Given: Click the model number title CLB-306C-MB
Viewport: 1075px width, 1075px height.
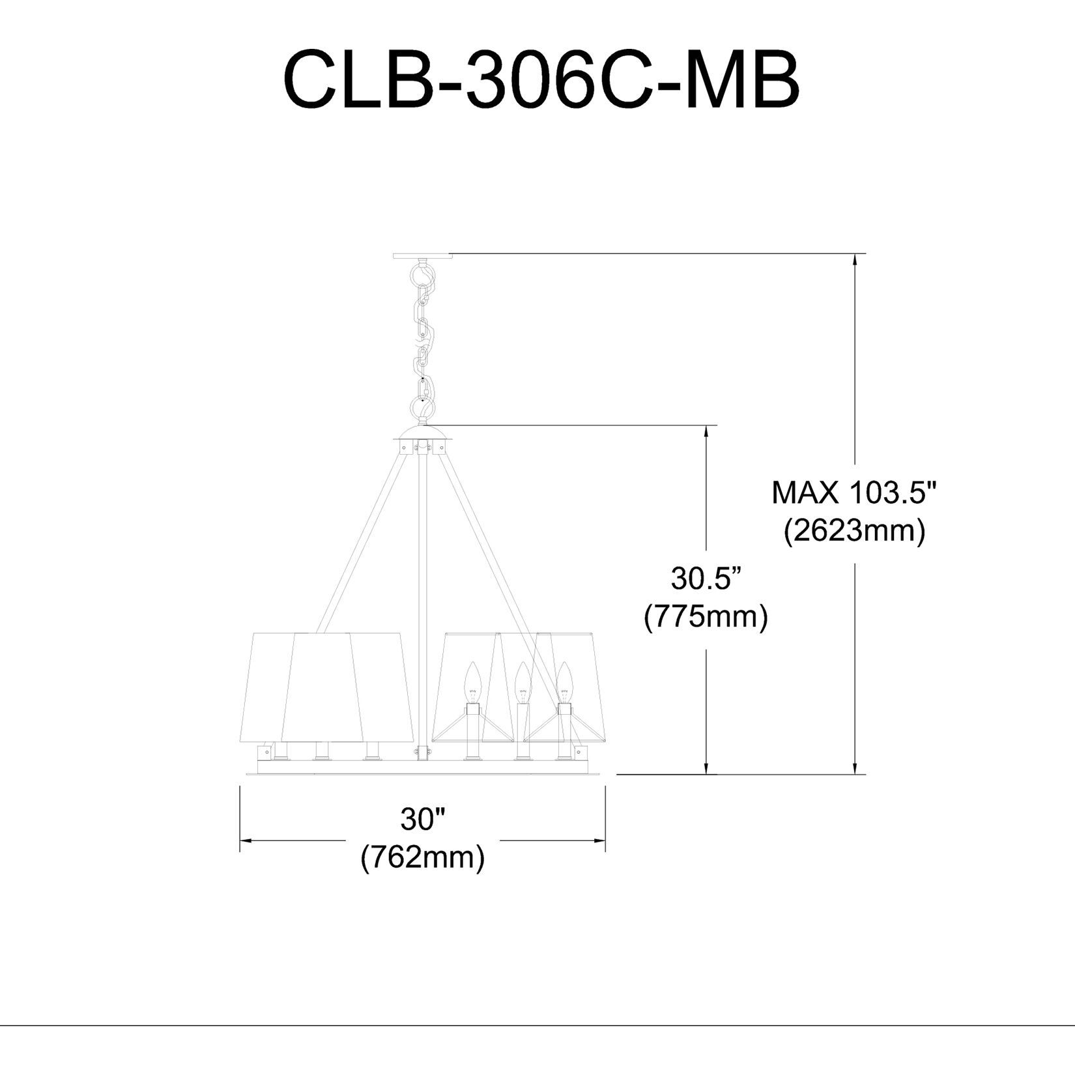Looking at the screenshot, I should (541, 81).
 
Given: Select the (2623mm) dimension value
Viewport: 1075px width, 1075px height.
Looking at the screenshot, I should (854, 532).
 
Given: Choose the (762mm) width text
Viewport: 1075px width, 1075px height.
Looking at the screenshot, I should (422, 857).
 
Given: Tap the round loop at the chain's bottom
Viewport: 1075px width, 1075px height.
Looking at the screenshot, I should (422, 408).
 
